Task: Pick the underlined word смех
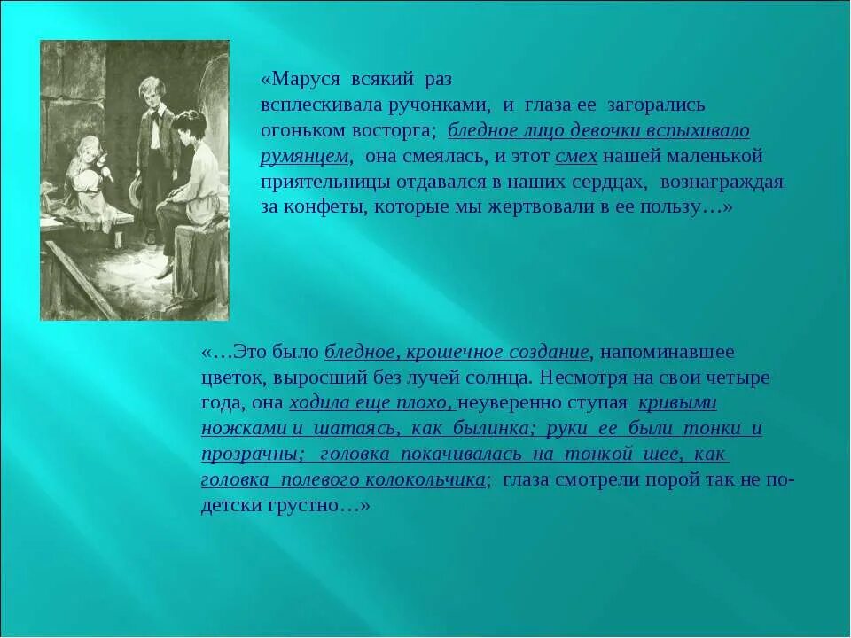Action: click(576, 156)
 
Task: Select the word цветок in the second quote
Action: click(230, 377)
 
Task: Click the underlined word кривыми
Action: click(677, 403)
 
